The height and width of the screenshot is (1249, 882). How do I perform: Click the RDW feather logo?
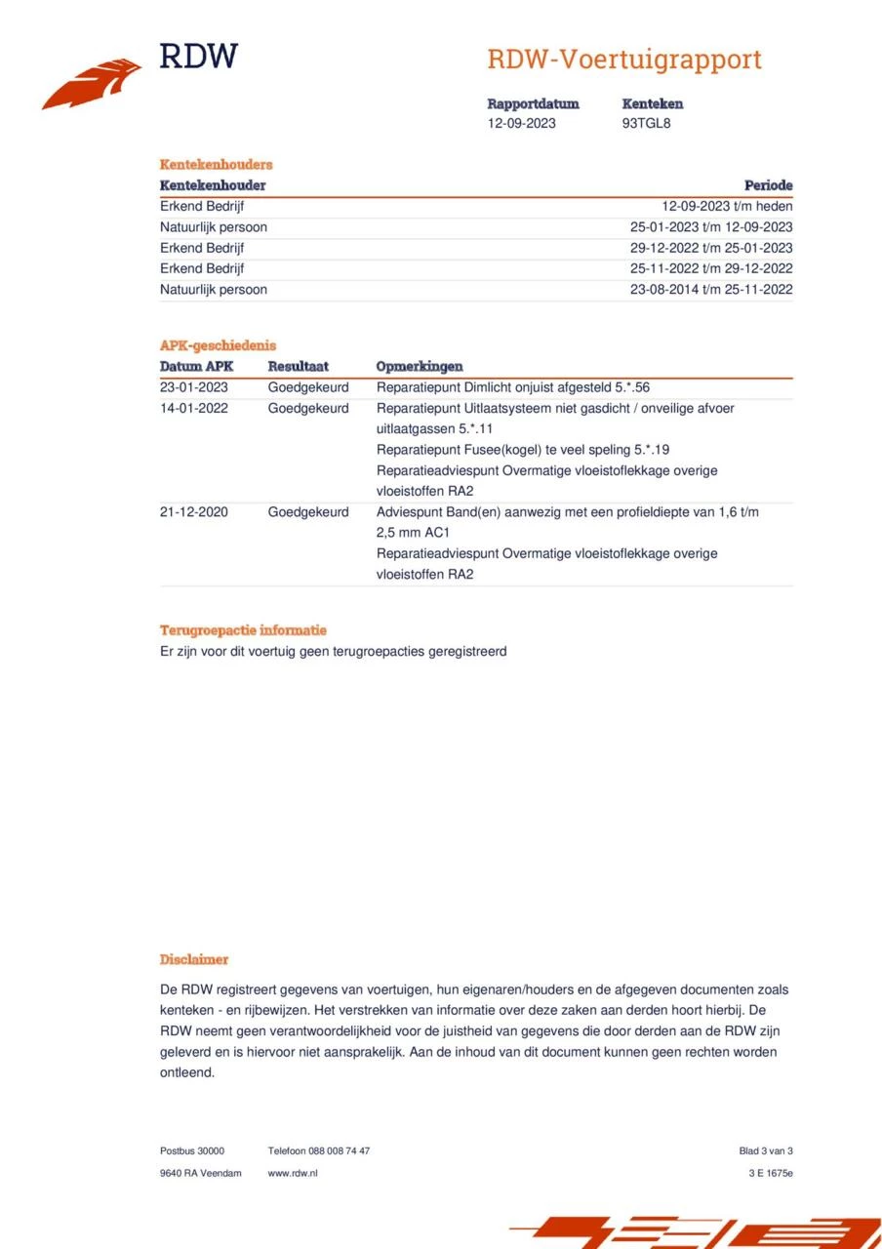[92, 84]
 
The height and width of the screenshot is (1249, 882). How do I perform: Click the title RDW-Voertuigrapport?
[623, 60]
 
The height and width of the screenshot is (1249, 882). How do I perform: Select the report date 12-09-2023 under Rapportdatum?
[522, 123]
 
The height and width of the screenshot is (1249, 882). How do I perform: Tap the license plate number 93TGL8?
[646, 123]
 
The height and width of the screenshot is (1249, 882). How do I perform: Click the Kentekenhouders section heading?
[216, 164]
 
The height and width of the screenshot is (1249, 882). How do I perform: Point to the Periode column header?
[768, 185]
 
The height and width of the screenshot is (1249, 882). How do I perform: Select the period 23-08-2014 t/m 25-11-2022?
[711, 289]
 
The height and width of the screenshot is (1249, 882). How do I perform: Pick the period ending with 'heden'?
[727, 206]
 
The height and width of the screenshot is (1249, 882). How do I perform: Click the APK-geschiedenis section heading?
[218, 345]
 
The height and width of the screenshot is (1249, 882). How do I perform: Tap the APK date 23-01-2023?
[194, 387]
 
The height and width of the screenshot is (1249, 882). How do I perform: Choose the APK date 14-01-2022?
[194, 408]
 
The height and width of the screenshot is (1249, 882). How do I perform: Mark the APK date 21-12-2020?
[194, 511]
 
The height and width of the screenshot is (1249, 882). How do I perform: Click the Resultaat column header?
[299, 367]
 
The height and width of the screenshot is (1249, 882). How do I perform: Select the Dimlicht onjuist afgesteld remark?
[512, 387]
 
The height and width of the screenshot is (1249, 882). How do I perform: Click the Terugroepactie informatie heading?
[243, 630]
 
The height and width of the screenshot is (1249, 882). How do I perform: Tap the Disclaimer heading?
[194, 960]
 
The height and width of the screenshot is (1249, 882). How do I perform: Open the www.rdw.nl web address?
[293, 1173]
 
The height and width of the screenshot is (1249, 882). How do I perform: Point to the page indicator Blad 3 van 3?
[765, 1151]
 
